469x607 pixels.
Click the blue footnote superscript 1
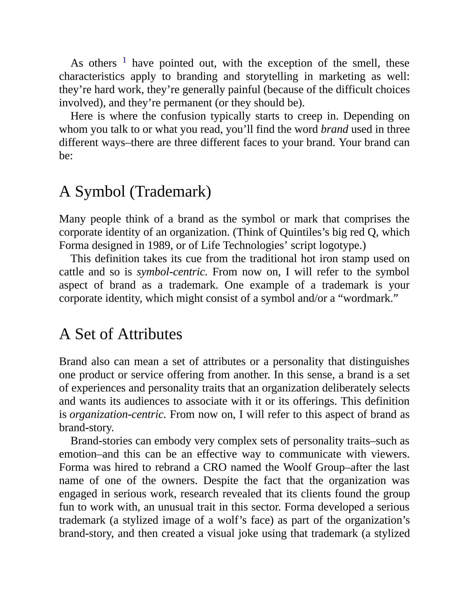[125, 60]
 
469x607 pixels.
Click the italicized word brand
[334, 129]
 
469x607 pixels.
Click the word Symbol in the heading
[100, 191]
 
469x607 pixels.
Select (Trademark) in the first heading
[170, 191]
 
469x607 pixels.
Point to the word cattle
[71, 272]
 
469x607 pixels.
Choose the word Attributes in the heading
[150, 334]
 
